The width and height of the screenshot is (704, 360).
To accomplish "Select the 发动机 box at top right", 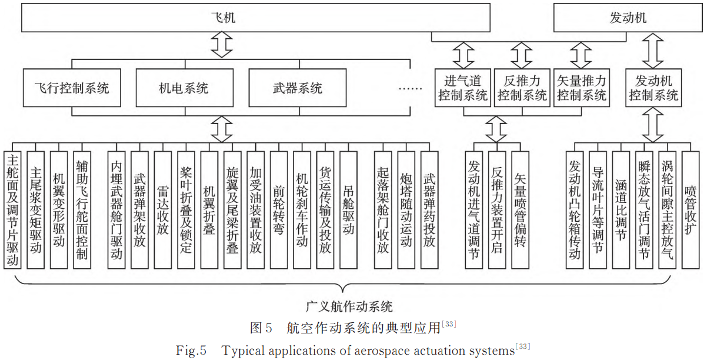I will (x=628, y=18).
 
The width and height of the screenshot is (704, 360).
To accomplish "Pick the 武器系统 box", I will (x=298, y=89).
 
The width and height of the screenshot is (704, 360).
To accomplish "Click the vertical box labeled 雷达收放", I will (x=163, y=210).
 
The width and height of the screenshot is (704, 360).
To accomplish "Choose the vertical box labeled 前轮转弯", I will (x=279, y=210).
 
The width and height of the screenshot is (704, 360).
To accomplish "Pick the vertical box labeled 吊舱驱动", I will (x=348, y=210).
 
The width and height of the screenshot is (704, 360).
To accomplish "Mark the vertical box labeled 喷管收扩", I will (x=690, y=210).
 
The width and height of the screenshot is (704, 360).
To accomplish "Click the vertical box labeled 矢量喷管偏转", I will (x=520, y=210).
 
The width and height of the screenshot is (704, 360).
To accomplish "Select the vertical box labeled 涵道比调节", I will (x=620, y=210).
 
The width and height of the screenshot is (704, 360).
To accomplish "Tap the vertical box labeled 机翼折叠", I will (x=209, y=210).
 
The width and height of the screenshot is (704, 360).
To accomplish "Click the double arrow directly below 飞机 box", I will (x=222, y=45).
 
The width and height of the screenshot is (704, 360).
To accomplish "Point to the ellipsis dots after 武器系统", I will (x=410, y=89).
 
